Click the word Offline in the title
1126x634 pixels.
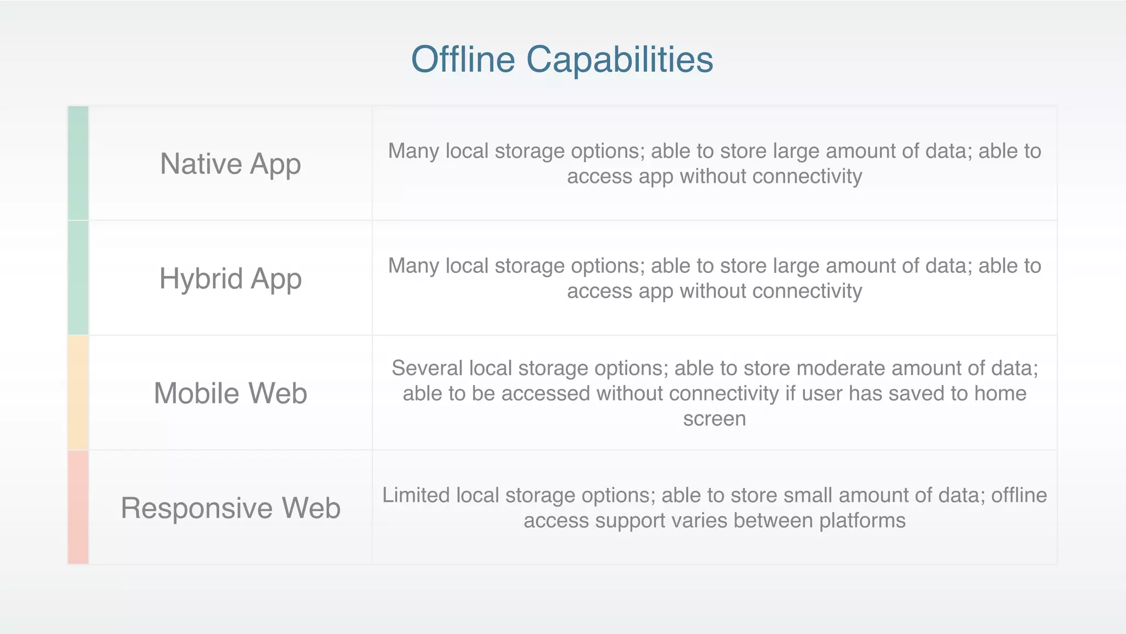[463, 59]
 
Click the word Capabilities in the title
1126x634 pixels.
[620, 59]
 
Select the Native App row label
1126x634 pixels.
[230, 164]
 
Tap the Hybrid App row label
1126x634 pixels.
[230, 278]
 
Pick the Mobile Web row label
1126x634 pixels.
[230, 393]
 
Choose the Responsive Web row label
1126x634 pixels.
[230, 508]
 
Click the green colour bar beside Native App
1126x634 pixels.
[78, 163]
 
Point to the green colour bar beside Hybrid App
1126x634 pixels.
[78, 278]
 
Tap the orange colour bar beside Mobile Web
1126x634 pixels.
[78, 393]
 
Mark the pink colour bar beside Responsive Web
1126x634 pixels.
[78, 507]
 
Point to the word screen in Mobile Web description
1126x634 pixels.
[714, 419]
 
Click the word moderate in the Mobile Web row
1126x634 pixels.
[841, 368]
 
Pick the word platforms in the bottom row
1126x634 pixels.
[862, 521]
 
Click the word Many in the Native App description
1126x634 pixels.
[413, 151]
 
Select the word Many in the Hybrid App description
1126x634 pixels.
[413, 266]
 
